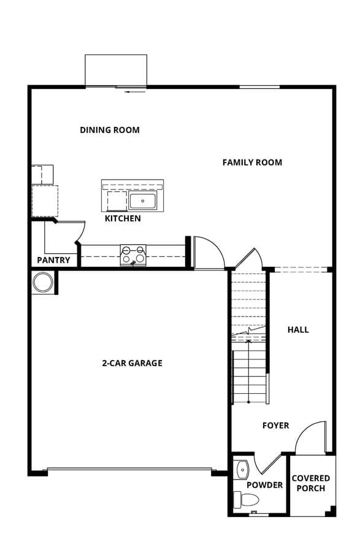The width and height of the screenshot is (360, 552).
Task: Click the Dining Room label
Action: coord(110,130)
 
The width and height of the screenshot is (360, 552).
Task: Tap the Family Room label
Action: coord(252,163)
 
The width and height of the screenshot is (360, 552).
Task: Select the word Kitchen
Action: coord(123,218)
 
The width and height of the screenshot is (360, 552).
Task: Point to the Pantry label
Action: coord(53,260)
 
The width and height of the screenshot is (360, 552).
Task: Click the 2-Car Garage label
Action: coord(132,363)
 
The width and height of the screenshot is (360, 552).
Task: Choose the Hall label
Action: coord(298,330)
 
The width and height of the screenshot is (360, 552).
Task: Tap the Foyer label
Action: coord(276,426)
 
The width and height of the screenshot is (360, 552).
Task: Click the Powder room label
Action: coord(264,485)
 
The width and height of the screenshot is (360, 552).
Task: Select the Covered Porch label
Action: coord(311,483)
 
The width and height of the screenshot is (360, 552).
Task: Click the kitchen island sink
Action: coord(142,201)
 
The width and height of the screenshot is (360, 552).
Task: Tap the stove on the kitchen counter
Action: coord(133,255)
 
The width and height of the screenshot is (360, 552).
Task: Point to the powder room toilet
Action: coord(247,499)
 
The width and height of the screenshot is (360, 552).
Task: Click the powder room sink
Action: coord(242,470)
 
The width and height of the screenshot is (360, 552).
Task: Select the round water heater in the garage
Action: coord(43,282)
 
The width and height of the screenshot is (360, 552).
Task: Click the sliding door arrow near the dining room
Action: coord(136,92)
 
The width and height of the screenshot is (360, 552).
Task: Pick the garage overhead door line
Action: coord(129,469)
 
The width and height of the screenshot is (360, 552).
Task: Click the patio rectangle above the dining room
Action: coord(116,71)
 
